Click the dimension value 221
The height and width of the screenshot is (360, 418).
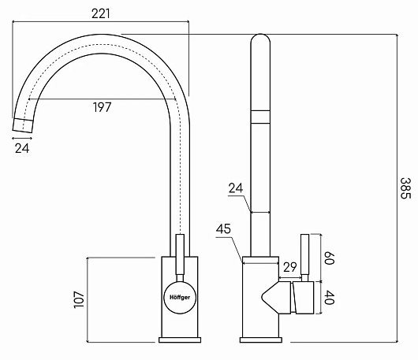pos(100,13)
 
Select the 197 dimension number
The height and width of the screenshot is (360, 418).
pos(102,107)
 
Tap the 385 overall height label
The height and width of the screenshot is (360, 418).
pos(405,188)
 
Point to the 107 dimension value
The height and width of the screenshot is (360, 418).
pos(79,300)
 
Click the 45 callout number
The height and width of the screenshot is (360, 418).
pos(223,229)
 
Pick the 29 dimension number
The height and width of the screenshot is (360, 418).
pos(289,267)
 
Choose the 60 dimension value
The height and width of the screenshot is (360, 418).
pos(329,258)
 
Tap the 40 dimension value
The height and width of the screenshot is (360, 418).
pos(329,298)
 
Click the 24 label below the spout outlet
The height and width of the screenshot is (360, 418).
pos(22,148)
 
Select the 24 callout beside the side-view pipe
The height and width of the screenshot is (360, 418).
pos(236,188)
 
